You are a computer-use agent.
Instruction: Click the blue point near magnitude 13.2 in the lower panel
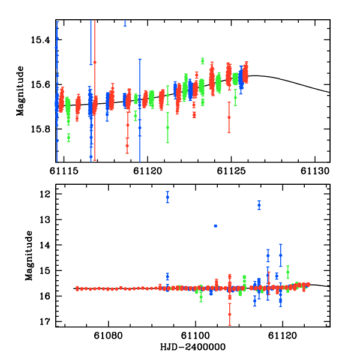(215, 226)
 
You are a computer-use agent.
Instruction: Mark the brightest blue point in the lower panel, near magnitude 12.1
(167, 197)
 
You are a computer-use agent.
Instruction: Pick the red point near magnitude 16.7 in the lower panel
(229, 314)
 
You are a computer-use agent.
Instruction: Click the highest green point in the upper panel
(203, 61)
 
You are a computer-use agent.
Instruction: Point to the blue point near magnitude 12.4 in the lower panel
(259, 205)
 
